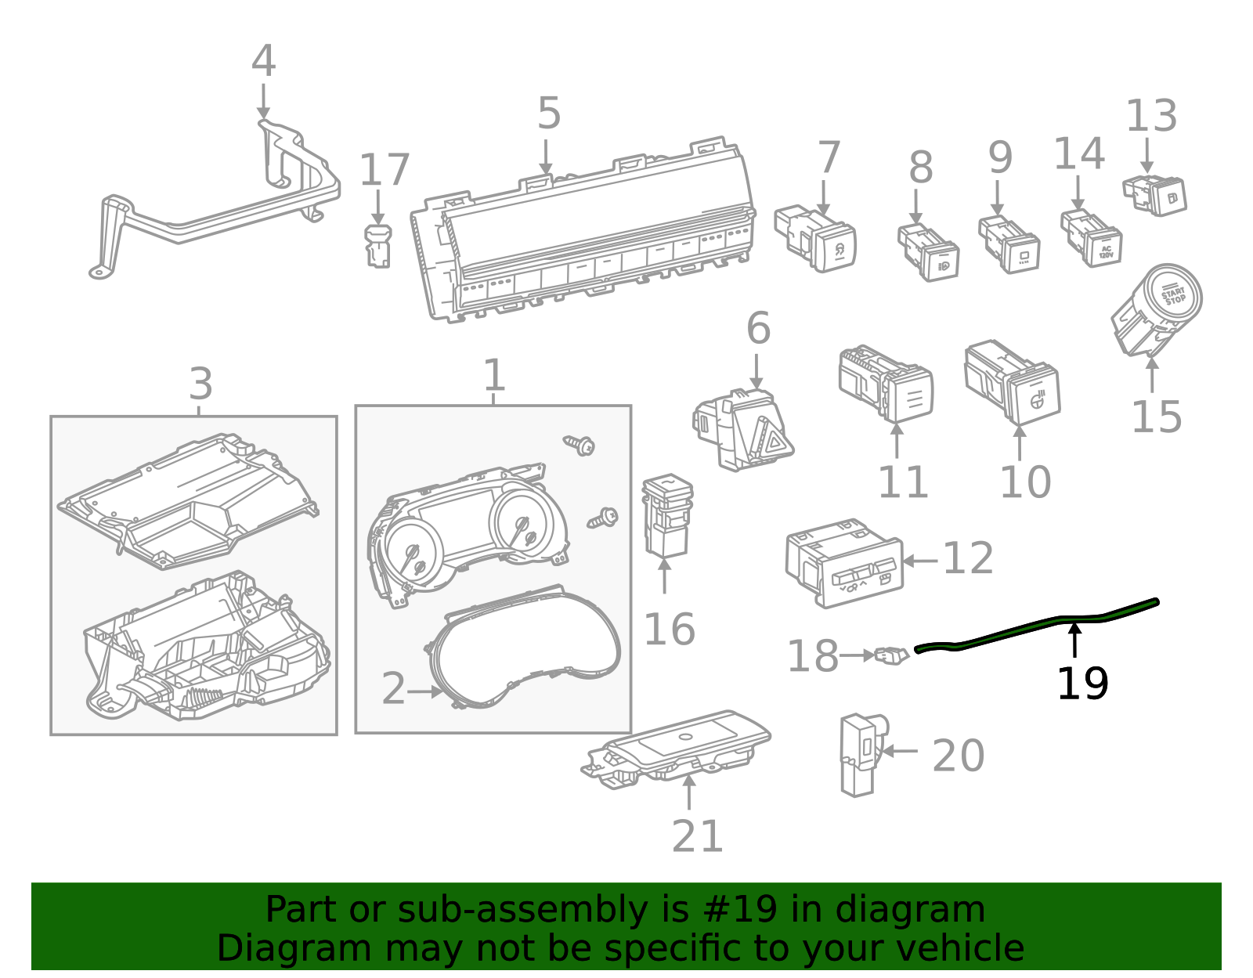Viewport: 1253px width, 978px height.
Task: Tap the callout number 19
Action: (1082, 684)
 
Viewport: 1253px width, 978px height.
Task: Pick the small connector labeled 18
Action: (890, 655)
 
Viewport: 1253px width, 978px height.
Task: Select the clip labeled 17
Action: (377, 247)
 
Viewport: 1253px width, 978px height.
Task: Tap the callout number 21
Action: (697, 836)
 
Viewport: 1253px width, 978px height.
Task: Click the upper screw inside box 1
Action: (581, 446)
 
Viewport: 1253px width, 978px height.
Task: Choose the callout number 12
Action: (968, 559)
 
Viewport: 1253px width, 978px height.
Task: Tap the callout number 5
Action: (549, 114)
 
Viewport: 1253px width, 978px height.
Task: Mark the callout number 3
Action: (200, 384)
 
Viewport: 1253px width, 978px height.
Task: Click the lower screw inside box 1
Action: (604, 518)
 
